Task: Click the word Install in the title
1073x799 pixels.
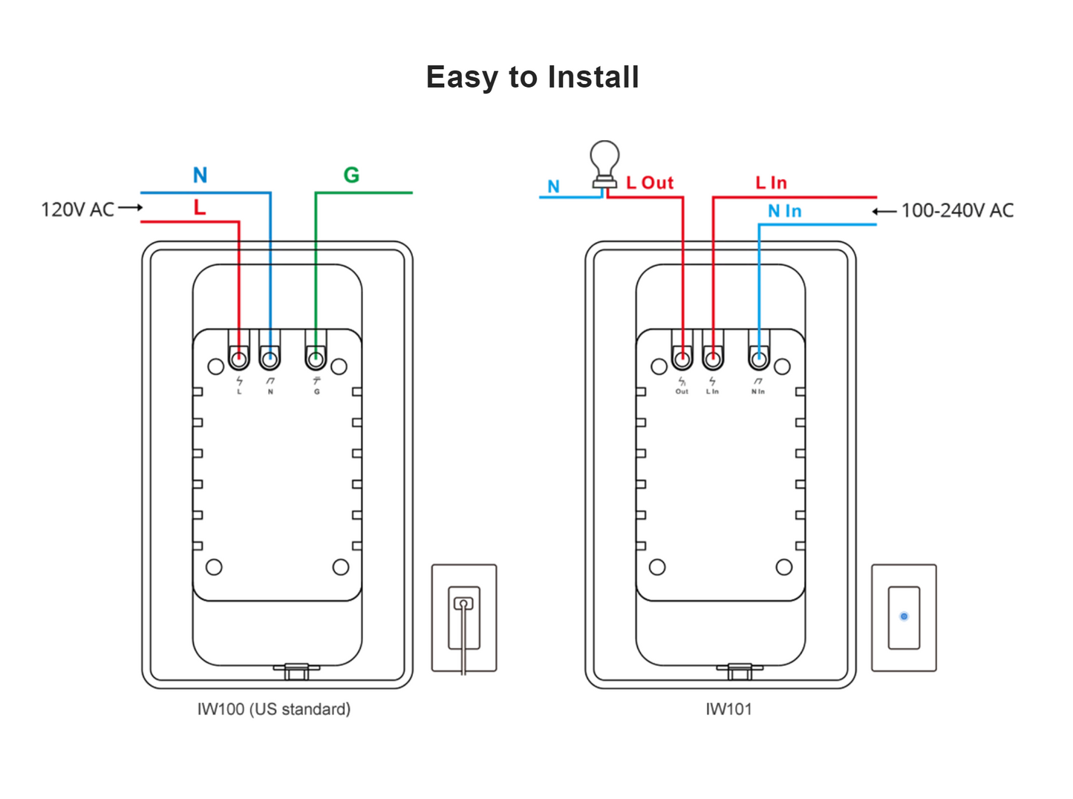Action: [593, 77]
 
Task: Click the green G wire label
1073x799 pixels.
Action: [351, 175]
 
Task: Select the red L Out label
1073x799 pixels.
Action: [649, 183]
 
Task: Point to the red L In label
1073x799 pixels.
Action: [771, 183]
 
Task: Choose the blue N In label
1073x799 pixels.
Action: [784, 212]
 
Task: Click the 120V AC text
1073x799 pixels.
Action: [77, 210]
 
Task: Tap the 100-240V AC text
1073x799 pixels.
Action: [957, 211]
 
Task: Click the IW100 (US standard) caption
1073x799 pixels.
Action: [274, 709]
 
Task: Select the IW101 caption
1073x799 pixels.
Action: [728, 709]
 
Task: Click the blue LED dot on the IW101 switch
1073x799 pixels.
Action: [904, 616]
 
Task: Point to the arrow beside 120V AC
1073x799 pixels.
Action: [131, 208]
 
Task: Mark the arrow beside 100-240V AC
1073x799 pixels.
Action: [884, 212]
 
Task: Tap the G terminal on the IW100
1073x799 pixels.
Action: [316, 360]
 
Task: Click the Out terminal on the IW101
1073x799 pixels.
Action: [682, 360]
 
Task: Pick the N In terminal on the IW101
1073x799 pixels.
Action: [758, 360]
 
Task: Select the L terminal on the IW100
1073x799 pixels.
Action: [239, 360]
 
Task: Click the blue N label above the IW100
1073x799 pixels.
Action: [200, 175]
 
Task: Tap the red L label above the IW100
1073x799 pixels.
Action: [199, 208]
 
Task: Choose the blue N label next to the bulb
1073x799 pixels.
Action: [553, 186]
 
